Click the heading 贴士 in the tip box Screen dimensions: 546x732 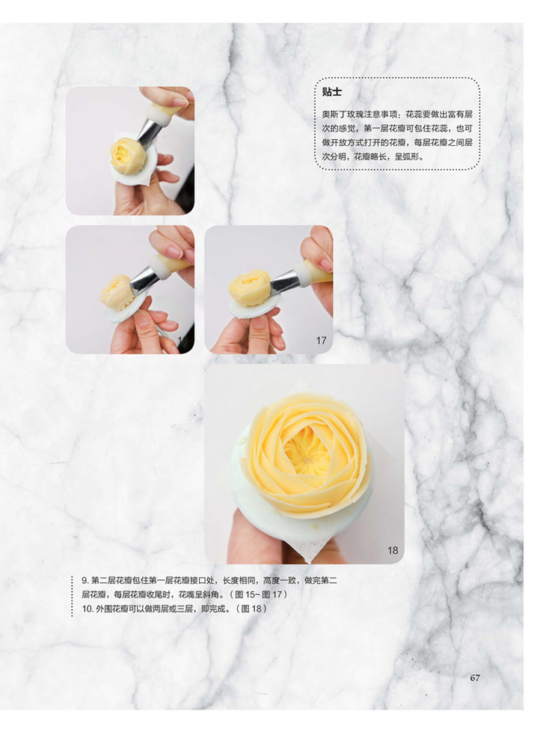(331, 92)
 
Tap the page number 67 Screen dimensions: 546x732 (475, 677)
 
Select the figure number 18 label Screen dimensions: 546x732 (393, 550)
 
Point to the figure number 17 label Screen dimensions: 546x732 (321, 341)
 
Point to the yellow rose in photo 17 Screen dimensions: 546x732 (250, 287)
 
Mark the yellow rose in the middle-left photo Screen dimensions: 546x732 (117, 293)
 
